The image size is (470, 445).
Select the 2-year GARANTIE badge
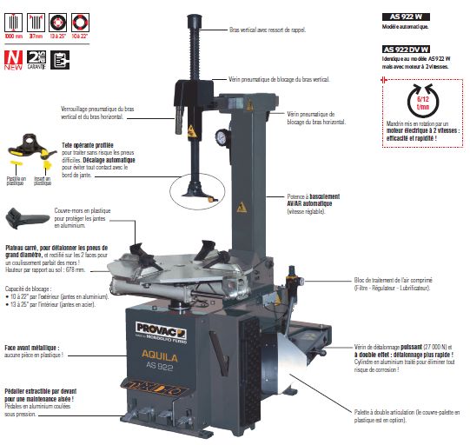click(x=36, y=59)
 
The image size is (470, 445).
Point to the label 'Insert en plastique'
click(x=43, y=181)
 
